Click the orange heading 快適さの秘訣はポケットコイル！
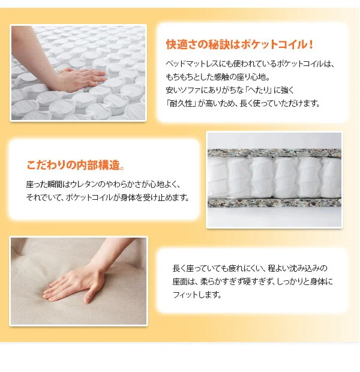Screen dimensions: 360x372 [239, 44]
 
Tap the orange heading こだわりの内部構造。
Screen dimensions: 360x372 [76, 165]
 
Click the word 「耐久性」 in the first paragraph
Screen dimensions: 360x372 [181, 103]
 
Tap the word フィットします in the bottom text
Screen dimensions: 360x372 [197, 295]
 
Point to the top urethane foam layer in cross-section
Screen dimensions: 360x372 [274, 152]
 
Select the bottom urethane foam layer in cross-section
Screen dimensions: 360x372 [274, 202]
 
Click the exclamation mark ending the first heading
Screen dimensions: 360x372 [311, 44]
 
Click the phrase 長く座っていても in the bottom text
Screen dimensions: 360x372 [200, 268]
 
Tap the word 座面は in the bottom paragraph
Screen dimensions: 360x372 [183, 281]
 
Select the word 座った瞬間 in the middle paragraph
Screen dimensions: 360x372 [44, 184]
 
